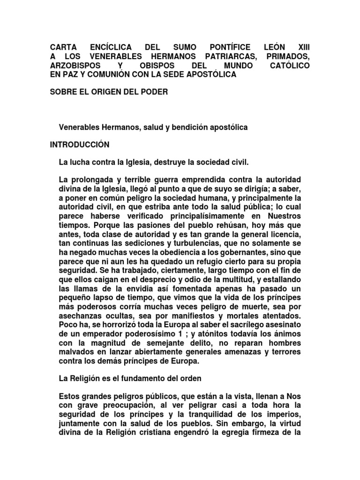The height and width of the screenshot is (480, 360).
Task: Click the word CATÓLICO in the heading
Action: [290, 66]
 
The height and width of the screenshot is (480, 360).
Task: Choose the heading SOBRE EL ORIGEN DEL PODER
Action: [108, 91]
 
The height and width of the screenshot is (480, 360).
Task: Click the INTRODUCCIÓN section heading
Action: [80, 144]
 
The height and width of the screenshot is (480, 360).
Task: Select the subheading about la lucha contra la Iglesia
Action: [153, 162]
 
